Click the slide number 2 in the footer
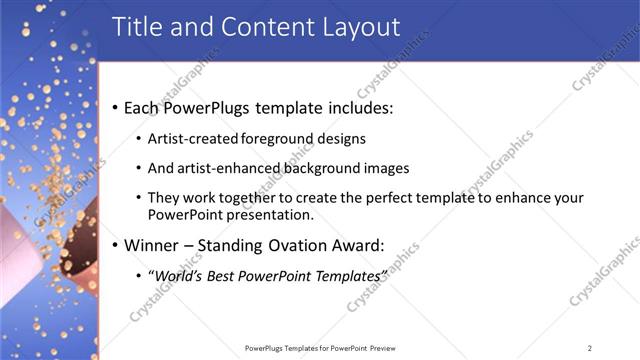pos(589,348)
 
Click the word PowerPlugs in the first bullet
pos(204,107)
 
